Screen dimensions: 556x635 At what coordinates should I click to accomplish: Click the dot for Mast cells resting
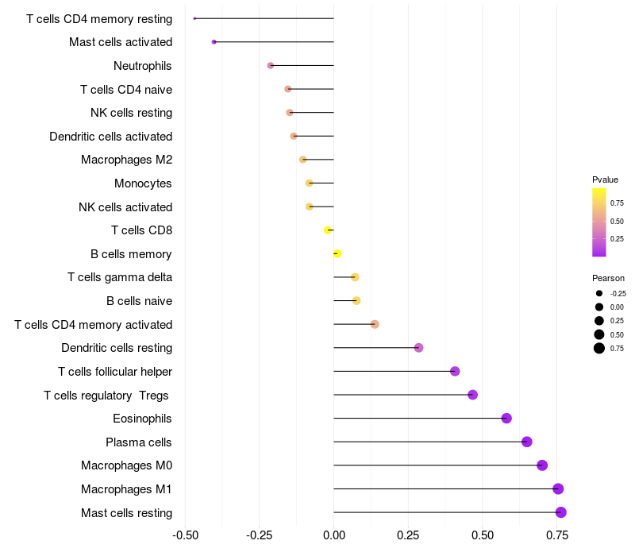pyautogui.click(x=561, y=512)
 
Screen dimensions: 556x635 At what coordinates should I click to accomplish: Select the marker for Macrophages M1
pyautogui.click(x=558, y=488)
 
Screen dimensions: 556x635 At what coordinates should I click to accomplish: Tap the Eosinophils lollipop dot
pyautogui.click(x=506, y=419)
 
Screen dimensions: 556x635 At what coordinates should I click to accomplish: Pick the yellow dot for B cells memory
pyautogui.click(x=337, y=253)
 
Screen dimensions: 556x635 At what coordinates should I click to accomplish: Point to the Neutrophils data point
pyautogui.click(x=271, y=65)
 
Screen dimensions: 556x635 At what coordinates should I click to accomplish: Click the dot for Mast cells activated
pyautogui.click(x=214, y=41)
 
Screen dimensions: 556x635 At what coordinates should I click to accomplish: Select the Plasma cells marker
pyautogui.click(x=526, y=442)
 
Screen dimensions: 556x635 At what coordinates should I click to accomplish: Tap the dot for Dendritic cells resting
pyautogui.click(x=419, y=348)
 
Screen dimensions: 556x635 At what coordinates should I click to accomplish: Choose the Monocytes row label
pyautogui.click(x=143, y=183)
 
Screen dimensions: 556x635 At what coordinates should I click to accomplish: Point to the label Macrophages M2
pyautogui.click(x=126, y=160)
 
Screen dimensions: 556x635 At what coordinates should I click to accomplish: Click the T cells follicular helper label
pyautogui.click(x=115, y=372)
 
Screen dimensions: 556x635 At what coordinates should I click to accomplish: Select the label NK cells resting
pyautogui.click(x=132, y=113)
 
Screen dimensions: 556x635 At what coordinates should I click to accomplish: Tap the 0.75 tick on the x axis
pyautogui.click(x=556, y=535)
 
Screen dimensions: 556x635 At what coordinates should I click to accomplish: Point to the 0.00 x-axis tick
pyautogui.click(x=334, y=535)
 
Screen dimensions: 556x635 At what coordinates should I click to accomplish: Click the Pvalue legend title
pyautogui.click(x=605, y=180)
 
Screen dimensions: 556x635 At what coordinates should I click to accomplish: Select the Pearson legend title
pyautogui.click(x=608, y=278)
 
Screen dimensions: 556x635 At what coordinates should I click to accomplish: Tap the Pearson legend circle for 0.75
pyautogui.click(x=599, y=348)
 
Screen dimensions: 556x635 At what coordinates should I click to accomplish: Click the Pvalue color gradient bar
pyautogui.click(x=599, y=222)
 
